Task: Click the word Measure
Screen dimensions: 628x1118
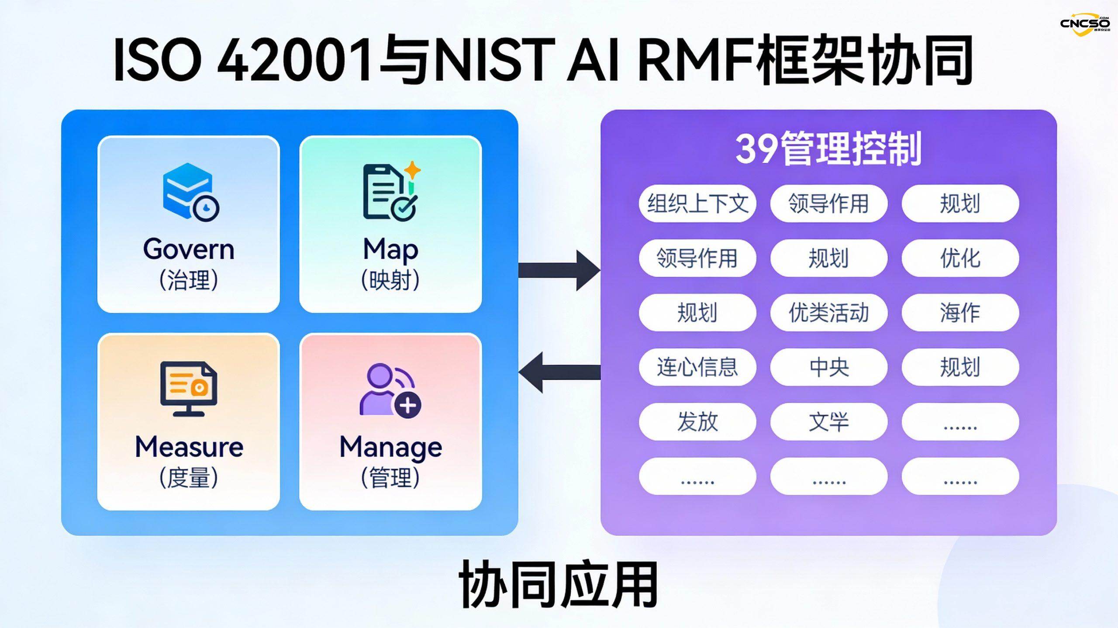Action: tap(189, 447)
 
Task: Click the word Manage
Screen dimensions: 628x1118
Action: tap(391, 447)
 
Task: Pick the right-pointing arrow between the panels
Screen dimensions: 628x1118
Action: tap(559, 270)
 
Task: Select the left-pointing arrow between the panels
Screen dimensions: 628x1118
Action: tap(559, 372)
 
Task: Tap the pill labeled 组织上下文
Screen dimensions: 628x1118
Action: tap(697, 204)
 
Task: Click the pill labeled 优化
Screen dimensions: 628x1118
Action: tap(960, 258)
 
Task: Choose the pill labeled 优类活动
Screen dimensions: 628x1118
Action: tap(828, 313)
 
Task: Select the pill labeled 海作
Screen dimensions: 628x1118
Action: tap(960, 313)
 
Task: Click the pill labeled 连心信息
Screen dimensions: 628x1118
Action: tap(697, 367)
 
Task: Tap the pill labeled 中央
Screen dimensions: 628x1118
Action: tap(828, 367)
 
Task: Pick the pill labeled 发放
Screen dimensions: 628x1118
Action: tap(697, 421)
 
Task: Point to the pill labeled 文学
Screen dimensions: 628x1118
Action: tap(828, 421)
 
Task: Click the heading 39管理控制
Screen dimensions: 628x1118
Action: tap(828, 148)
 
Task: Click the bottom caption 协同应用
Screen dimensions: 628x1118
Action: tap(559, 585)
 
